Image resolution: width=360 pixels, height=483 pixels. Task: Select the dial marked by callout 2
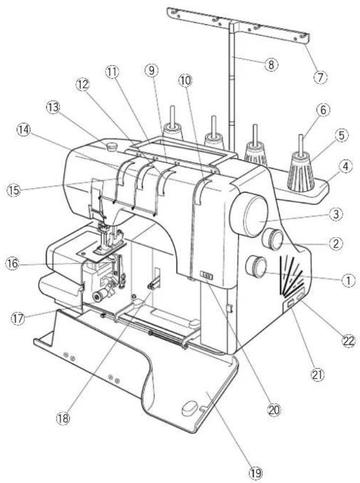(x=274, y=239)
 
